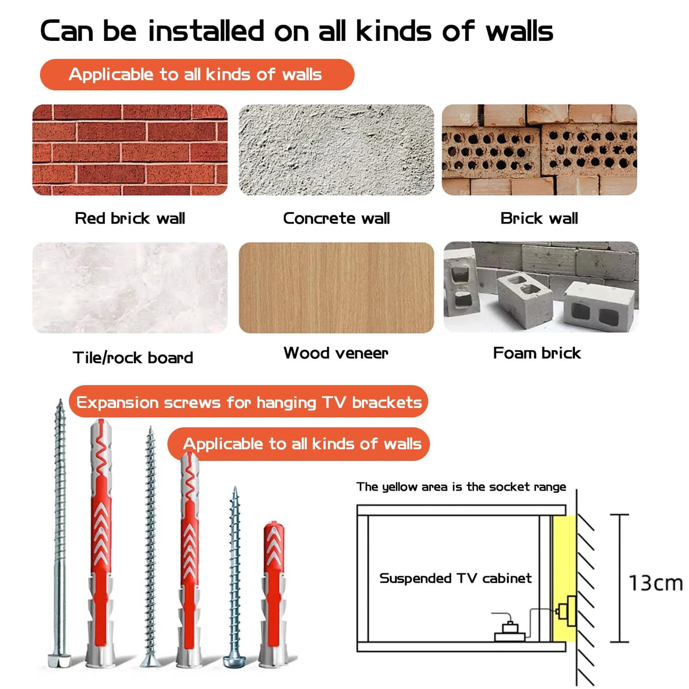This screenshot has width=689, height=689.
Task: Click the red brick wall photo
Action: coord(130,150)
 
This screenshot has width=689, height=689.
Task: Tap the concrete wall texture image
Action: coord(336,150)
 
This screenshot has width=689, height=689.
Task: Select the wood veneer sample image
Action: coord(336,288)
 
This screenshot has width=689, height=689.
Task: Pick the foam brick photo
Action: coord(541,287)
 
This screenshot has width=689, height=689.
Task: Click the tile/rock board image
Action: coord(130,288)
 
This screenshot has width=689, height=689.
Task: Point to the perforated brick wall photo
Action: coord(539,150)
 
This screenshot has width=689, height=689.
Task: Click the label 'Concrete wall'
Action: coord(337,218)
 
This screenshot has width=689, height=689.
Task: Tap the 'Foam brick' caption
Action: coord(537,353)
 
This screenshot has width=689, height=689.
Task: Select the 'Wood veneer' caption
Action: coord(336,353)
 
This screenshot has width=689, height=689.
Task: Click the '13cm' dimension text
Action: coord(656,583)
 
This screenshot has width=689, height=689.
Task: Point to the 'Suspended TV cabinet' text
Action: coord(456,578)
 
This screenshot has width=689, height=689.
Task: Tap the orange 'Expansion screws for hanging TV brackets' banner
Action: coord(249,401)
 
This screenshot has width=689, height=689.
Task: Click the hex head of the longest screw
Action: coord(60,660)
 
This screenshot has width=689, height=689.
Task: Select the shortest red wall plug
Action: coord(274,594)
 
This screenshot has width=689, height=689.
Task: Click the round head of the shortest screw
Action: coord(234,661)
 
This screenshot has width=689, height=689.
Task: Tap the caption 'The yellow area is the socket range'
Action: coord(461,486)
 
